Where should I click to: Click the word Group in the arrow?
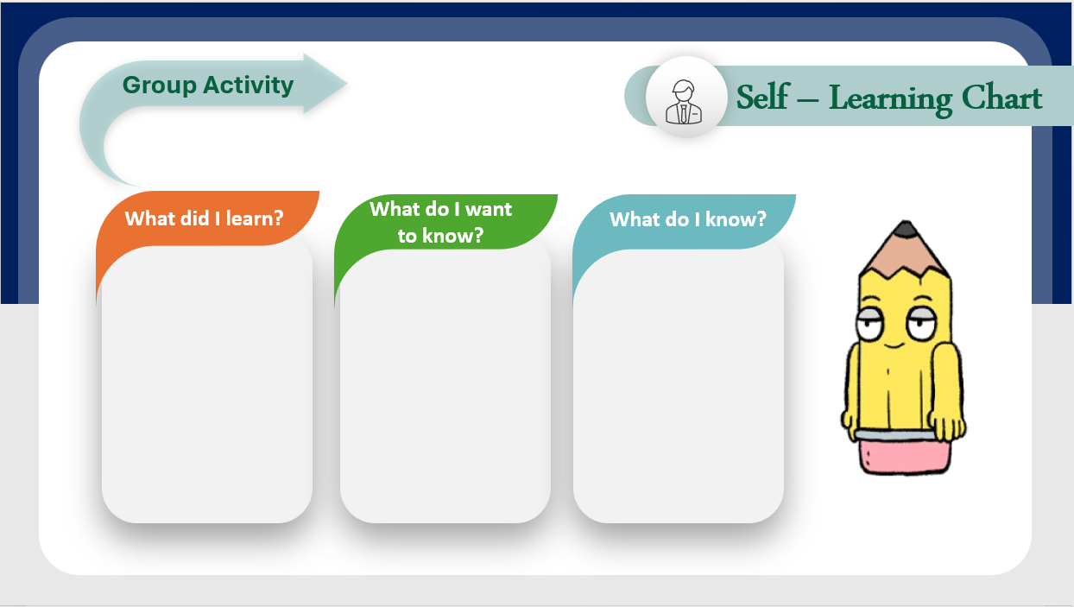pyautogui.click(x=159, y=86)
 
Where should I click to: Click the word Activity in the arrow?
pyautogui.click(x=249, y=85)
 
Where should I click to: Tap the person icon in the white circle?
pyautogui.click(x=684, y=102)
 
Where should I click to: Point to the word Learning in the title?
pyautogui.click(x=891, y=100)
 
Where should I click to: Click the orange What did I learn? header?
pyautogui.click(x=207, y=218)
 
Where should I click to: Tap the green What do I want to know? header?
pyautogui.click(x=445, y=222)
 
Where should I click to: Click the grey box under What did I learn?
pyautogui.click(x=207, y=383)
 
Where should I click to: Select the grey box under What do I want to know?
pyautogui.click(x=445, y=386)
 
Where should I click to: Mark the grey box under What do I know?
pyautogui.click(x=679, y=386)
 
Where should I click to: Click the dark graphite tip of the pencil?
pyautogui.click(x=906, y=228)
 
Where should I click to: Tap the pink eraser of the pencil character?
pyautogui.click(x=904, y=457)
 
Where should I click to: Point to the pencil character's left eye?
pyautogui.click(x=869, y=324)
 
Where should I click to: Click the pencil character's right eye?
pyautogui.click(x=921, y=324)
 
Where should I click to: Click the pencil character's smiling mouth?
pyautogui.click(x=894, y=345)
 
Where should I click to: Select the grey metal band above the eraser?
pyautogui.click(x=894, y=435)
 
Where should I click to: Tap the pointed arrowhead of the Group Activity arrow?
pyautogui.click(x=325, y=84)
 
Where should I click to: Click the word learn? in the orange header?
pyautogui.click(x=255, y=218)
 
